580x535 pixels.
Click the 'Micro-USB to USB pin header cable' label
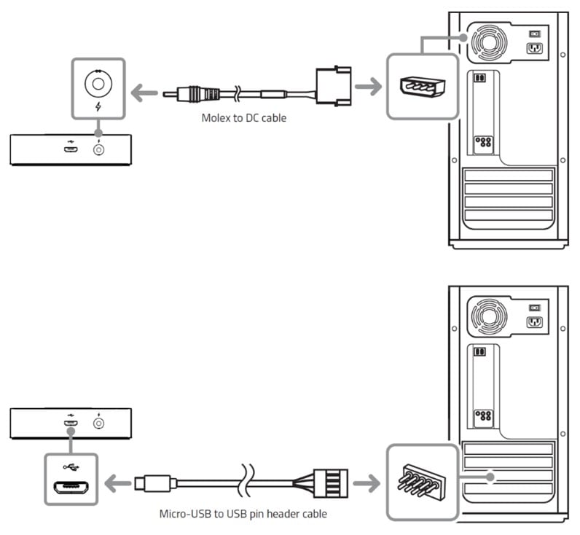pyautogui.click(x=243, y=513)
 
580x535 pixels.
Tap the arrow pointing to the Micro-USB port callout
pyautogui.click(x=116, y=482)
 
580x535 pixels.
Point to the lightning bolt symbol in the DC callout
pyautogui.click(x=98, y=107)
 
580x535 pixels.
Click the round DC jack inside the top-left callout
pyautogui.click(x=98, y=82)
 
